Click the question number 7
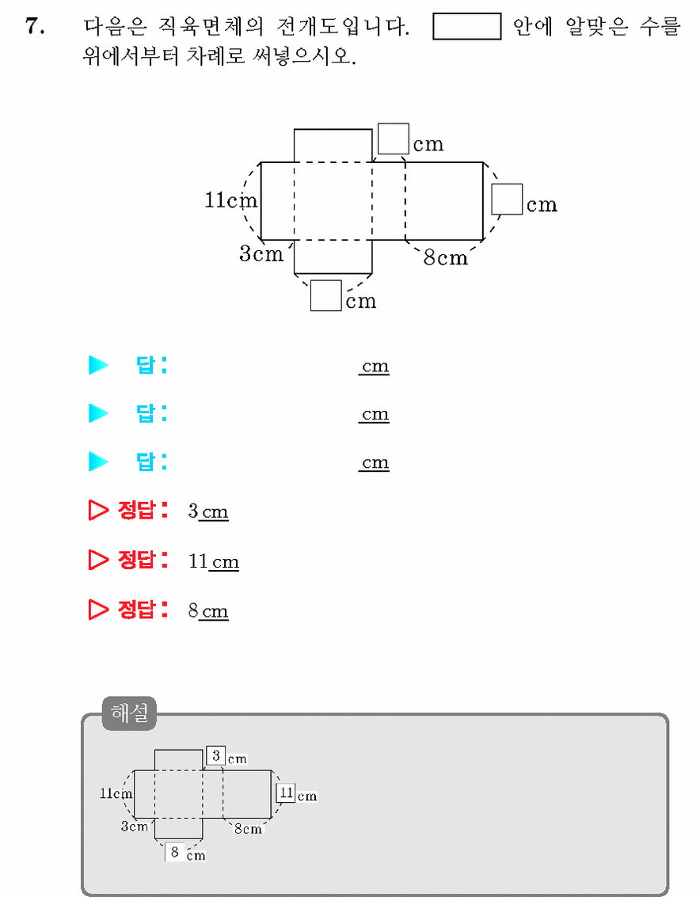(34, 26)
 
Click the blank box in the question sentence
(466, 26)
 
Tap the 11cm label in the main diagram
(231, 200)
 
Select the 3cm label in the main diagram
(261, 253)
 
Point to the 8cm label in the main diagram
(445, 257)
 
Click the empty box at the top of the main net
(394, 139)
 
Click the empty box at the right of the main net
(507, 199)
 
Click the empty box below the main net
(326, 295)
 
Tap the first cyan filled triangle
(98, 364)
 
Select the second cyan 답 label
(151, 413)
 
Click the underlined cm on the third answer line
(375, 462)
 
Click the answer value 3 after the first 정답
(193, 511)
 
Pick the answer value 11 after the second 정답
(198, 561)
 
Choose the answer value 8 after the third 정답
(193, 610)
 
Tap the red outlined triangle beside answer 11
(98, 560)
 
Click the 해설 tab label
(129, 713)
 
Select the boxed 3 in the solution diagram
(216, 756)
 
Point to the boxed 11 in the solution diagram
(286, 792)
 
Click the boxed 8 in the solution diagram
(175, 852)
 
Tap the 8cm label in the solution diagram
(248, 829)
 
